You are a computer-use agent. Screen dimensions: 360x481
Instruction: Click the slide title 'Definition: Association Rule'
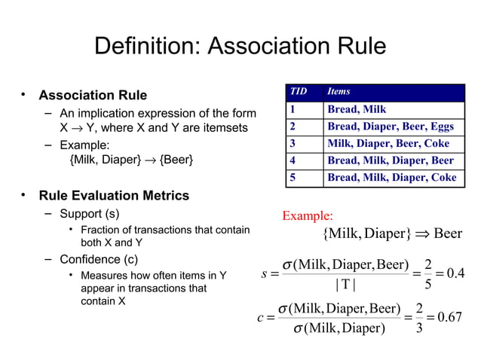point(240,47)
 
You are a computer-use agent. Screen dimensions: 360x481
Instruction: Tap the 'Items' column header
point(339,92)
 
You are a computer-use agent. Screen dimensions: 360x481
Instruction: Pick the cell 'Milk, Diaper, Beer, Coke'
point(388,143)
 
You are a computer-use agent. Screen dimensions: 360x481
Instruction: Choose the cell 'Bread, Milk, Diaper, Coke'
point(391,178)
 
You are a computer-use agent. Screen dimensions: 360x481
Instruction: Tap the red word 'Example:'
point(307,217)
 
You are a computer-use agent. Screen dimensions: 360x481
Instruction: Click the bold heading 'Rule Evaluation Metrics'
point(114,196)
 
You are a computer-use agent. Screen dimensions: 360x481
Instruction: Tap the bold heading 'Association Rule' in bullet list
point(93,96)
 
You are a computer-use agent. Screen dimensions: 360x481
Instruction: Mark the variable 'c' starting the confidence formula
point(260,318)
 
